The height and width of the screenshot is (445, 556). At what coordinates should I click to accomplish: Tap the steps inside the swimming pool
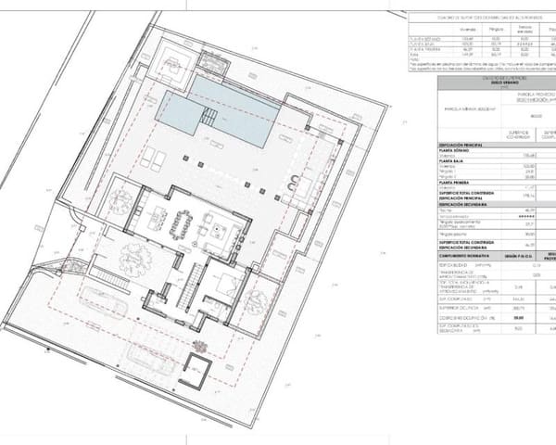click(210, 118)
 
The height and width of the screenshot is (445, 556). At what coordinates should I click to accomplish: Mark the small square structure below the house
click(198, 362)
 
